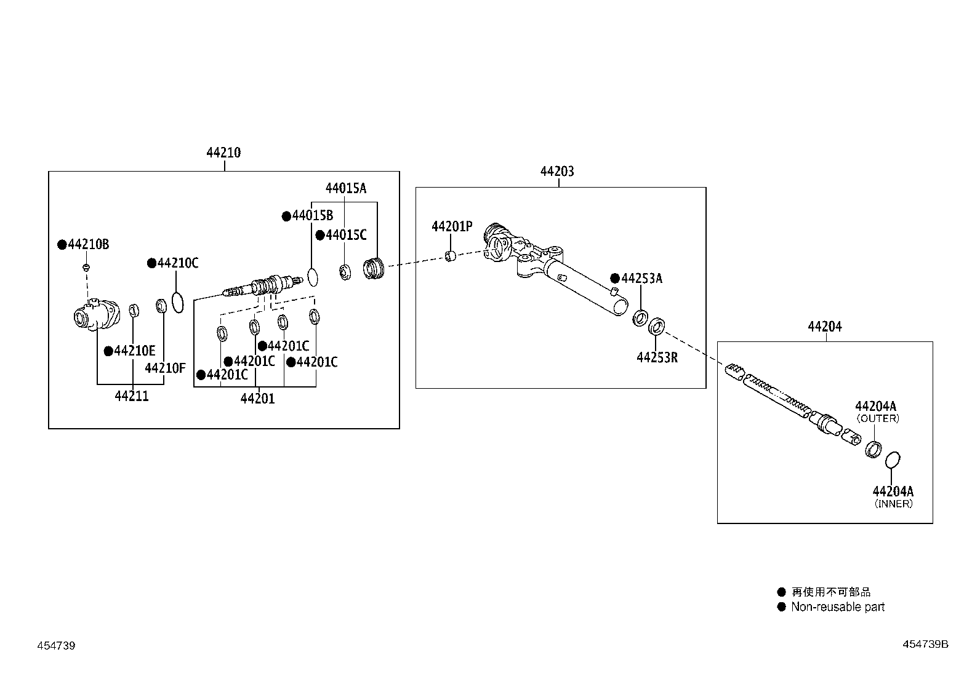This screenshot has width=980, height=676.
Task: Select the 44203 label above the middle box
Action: [557, 172]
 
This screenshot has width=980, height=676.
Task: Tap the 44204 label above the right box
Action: [825, 327]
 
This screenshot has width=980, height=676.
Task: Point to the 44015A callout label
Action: [345, 189]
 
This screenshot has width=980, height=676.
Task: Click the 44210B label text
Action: [89, 245]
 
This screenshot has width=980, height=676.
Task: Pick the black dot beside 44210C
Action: [151, 263]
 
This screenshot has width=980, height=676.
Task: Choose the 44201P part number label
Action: [452, 227]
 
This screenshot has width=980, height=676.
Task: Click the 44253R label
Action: [657, 358]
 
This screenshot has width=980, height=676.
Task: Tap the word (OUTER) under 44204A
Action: [878, 418]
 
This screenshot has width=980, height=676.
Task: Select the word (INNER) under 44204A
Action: [894, 504]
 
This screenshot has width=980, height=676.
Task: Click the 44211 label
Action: [132, 397]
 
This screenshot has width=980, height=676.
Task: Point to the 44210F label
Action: [165, 368]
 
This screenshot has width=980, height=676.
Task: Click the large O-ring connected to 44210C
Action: [177, 302]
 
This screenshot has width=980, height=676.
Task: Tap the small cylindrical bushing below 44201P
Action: [451, 255]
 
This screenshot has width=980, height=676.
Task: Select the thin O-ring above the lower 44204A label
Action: [893, 459]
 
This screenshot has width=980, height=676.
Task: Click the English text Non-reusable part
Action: [837, 607]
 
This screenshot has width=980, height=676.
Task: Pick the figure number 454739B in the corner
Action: [925, 645]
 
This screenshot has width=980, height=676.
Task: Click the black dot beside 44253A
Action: [614, 279]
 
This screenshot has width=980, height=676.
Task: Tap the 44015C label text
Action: [346, 235]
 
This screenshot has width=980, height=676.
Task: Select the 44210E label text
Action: [135, 351]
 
